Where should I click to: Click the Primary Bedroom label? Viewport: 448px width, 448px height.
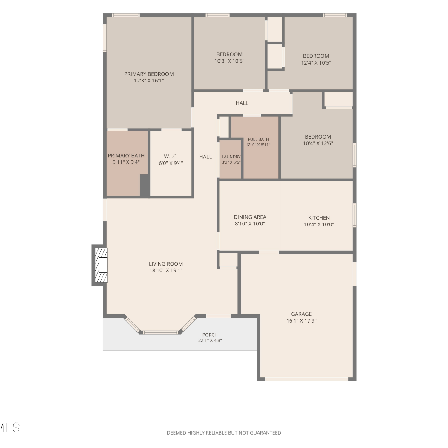[149, 74]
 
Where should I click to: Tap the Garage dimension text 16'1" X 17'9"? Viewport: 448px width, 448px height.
[301, 321]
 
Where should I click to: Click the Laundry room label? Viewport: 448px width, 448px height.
[231, 157]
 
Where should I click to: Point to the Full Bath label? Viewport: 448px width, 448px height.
[258, 139]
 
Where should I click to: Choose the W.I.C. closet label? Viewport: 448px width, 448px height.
[171, 157]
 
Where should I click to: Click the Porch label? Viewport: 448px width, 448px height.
[210, 335]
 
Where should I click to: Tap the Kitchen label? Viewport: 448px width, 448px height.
[319, 218]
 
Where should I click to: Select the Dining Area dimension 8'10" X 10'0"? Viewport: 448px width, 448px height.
[250, 224]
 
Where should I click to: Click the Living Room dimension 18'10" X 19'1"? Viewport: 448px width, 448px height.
[166, 271]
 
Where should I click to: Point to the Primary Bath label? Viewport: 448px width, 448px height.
[126, 156]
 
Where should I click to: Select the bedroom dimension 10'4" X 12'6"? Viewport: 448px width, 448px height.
[318, 143]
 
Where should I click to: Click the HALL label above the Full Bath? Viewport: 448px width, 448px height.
[242, 103]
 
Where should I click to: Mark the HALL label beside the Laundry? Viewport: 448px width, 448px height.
[205, 157]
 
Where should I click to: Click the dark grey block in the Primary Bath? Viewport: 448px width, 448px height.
[145, 185]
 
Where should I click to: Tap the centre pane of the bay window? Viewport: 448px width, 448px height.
[161, 332]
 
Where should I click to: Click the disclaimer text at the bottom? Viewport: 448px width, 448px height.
[224, 433]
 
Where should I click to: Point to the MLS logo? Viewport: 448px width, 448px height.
[10, 427]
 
